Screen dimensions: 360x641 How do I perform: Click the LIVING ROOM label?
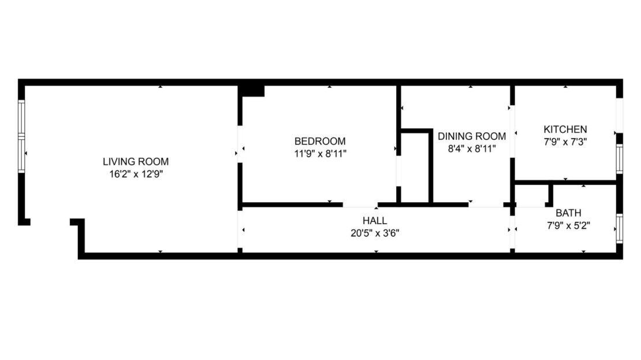pyautogui.click(x=136, y=162)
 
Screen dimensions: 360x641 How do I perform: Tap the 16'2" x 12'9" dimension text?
pyautogui.click(x=136, y=173)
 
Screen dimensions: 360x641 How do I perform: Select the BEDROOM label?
pyautogui.click(x=320, y=141)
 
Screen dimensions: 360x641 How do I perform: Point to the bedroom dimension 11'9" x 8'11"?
pyautogui.click(x=320, y=154)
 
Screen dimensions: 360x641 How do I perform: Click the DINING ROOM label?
pyautogui.click(x=472, y=136)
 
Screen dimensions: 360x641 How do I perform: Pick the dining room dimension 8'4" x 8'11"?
pyautogui.click(x=472, y=149)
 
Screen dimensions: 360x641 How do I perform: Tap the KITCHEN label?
pyautogui.click(x=565, y=129)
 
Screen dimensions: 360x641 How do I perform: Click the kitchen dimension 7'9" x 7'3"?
pyautogui.click(x=565, y=141)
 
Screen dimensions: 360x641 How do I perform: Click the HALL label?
pyautogui.click(x=375, y=221)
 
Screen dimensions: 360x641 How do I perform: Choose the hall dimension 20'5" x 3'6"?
pyautogui.click(x=375, y=233)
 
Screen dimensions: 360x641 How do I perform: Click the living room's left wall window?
pyautogui.click(x=22, y=136)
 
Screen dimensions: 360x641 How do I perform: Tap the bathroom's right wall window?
pyautogui.click(x=619, y=229)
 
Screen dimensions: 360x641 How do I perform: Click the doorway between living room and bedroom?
pyautogui.click(x=240, y=144)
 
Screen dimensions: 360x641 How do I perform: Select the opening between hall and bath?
pyautogui.click(x=512, y=229)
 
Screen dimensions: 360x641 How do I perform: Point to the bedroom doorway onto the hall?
pyautogui.click(x=360, y=205)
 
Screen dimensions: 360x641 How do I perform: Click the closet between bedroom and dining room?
pyautogui.click(x=415, y=168)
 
